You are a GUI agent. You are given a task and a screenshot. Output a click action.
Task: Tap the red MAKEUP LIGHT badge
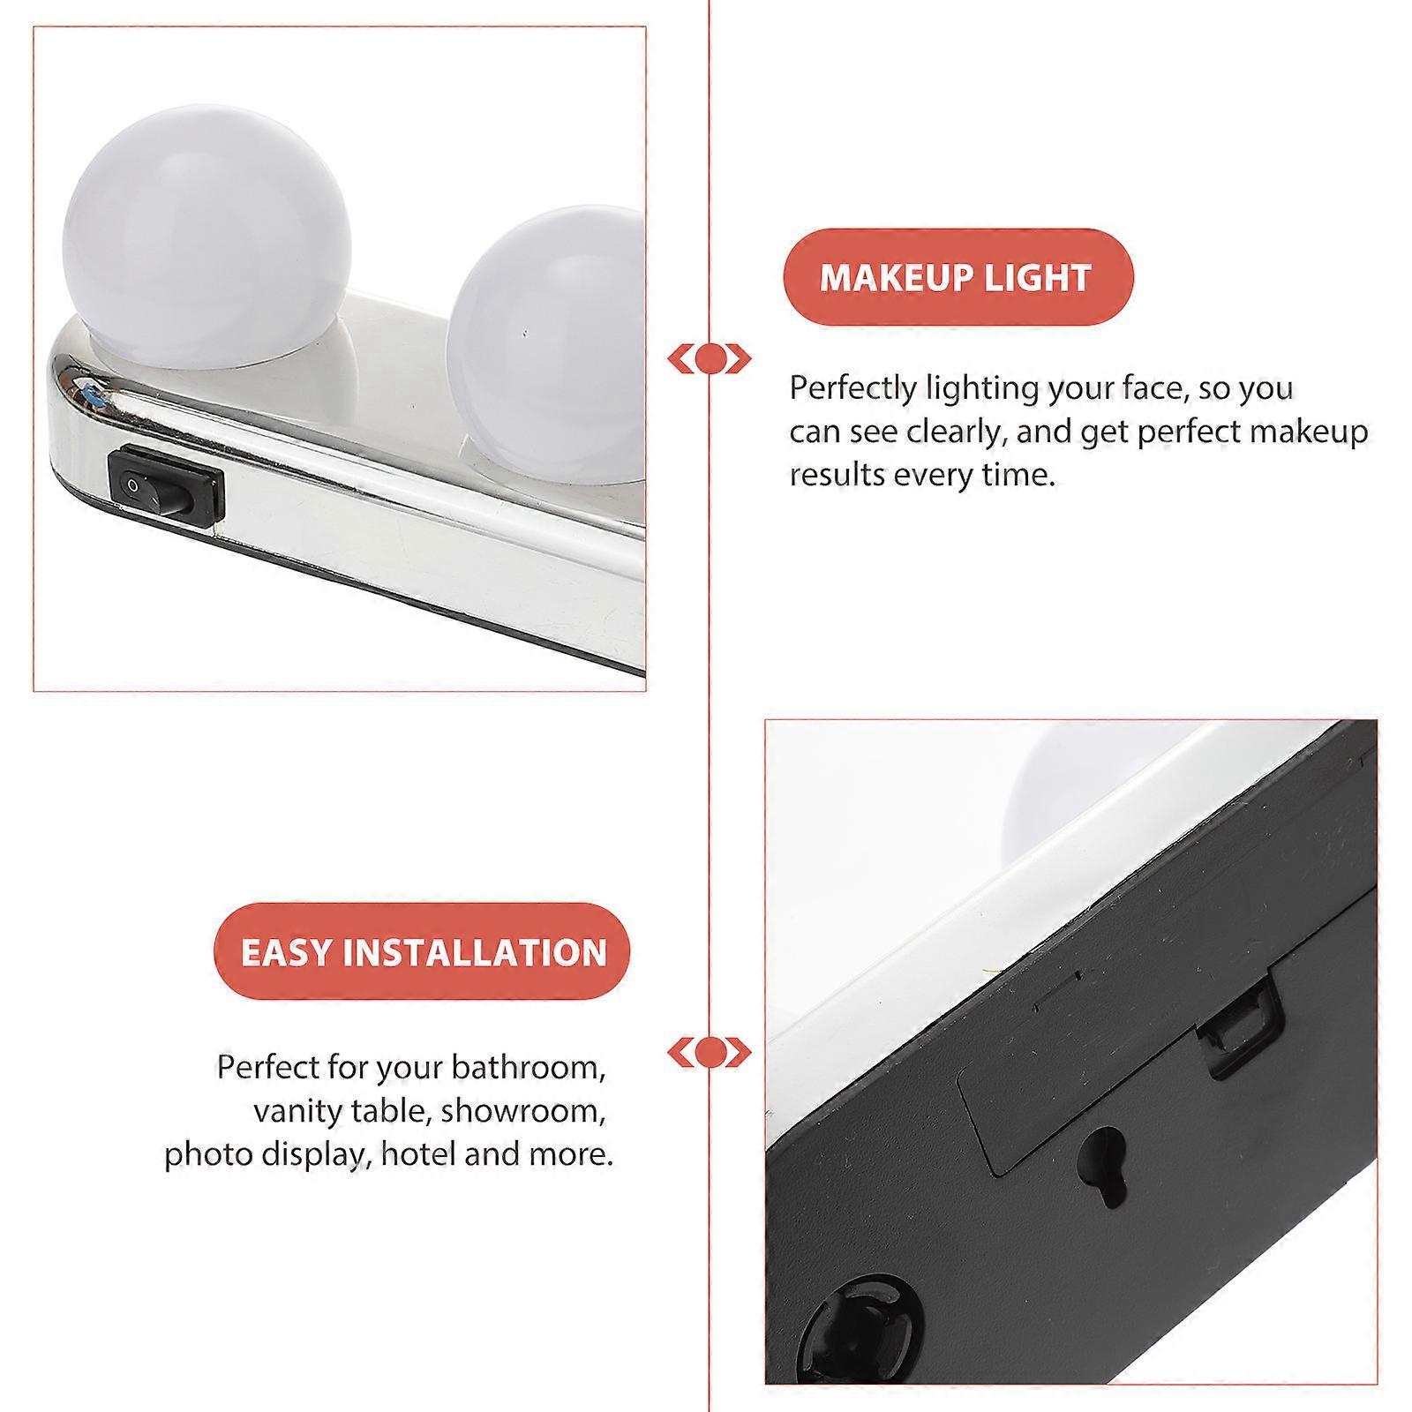point(958,277)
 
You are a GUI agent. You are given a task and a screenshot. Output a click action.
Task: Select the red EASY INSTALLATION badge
point(423,952)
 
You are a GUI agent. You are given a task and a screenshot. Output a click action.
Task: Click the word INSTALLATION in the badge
point(476,953)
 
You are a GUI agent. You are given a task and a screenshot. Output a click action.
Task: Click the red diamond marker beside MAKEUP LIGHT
point(710,359)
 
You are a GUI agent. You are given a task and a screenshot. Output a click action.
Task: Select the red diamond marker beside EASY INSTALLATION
point(710,1053)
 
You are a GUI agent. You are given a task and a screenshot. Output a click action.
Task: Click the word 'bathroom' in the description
point(529,1068)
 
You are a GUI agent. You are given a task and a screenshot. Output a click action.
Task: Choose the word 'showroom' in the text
point(523,1111)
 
